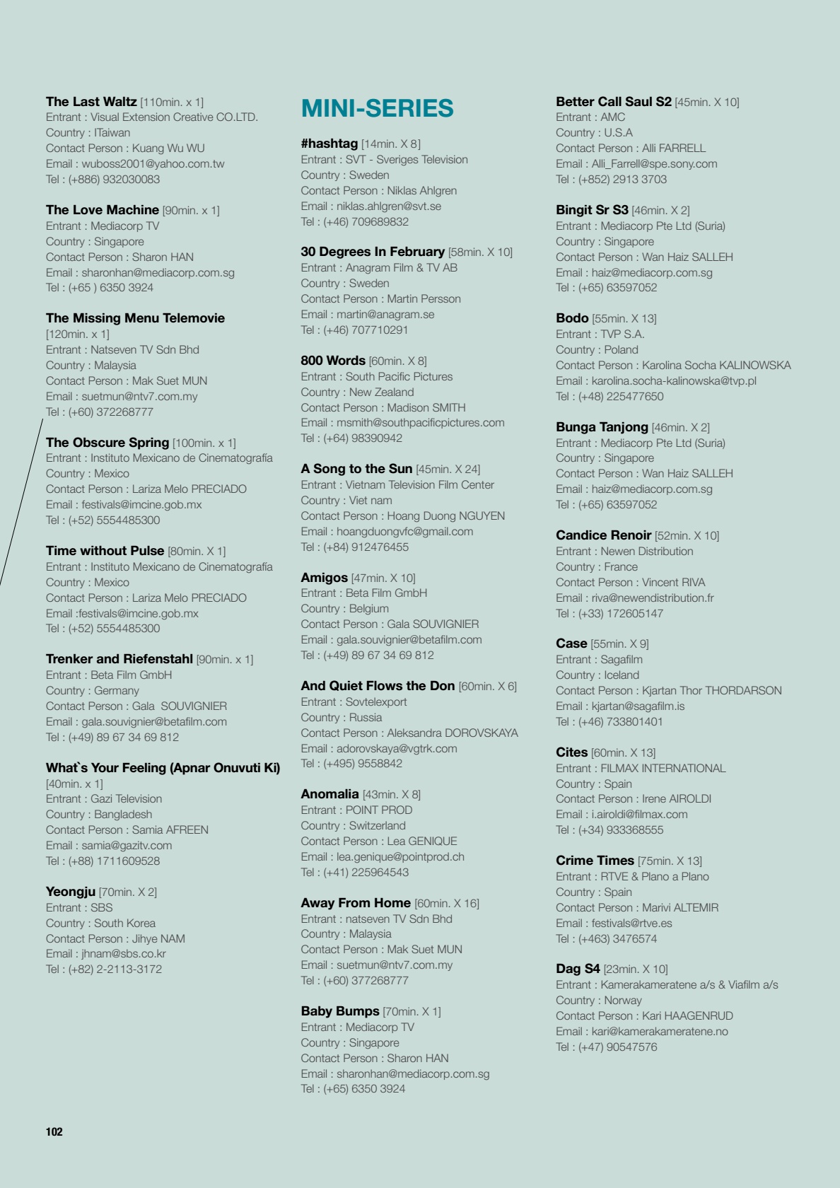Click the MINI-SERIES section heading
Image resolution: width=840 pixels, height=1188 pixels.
(377, 108)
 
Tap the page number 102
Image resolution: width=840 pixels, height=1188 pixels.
(54, 1131)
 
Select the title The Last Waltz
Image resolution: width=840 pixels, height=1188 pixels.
(91, 102)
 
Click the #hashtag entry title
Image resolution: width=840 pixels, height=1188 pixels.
(329, 144)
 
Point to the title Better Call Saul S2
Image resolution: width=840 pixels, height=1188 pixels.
(613, 102)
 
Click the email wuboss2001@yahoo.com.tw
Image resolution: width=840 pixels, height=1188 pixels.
(153, 164)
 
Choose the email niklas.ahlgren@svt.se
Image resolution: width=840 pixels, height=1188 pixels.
(388, 206)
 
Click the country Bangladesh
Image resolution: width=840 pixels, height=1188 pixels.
(123, 815)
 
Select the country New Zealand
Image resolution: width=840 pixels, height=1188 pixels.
(381, 392)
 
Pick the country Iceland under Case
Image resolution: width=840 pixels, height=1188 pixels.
(621, 675)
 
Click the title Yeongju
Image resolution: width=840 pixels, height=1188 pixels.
(71, 892)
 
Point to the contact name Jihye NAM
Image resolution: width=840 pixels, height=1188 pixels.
(158, 939)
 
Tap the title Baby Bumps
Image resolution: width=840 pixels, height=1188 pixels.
(340, 1011)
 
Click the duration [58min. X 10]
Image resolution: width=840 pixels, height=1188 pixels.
(480, 252)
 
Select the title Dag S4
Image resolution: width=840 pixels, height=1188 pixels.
(578, 969)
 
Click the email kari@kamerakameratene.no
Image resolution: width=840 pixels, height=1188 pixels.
(660, 1032)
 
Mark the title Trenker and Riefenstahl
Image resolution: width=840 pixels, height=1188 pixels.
(119, 659)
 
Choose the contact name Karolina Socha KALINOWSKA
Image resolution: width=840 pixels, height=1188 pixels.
(716, 366)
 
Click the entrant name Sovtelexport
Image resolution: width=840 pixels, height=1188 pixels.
(376, 702)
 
